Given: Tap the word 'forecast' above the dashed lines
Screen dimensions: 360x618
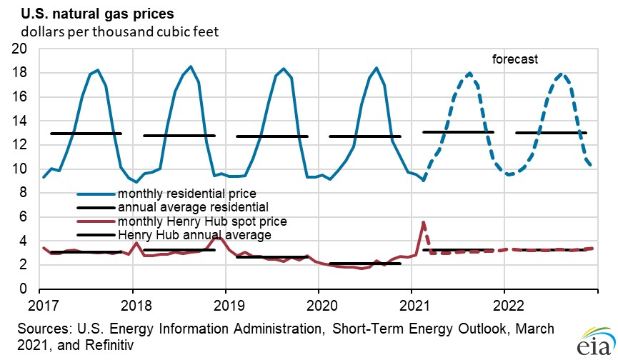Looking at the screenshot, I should [514, 59].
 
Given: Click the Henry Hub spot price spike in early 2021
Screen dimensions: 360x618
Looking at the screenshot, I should [424, 222].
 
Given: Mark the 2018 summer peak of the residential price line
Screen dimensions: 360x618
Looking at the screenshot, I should [190, 66].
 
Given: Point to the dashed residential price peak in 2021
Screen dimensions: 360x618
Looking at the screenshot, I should [469, 73].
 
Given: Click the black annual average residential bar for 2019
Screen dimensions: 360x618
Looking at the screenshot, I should [271, 136].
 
